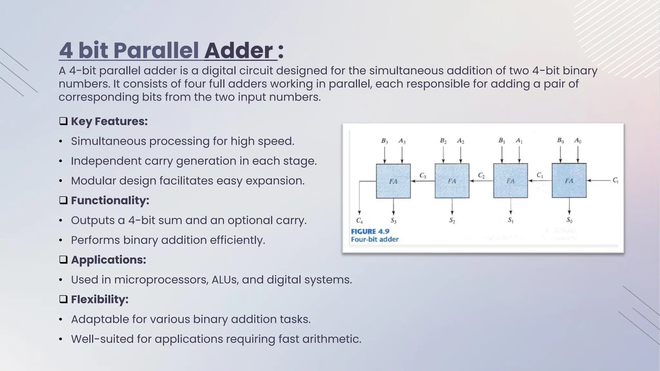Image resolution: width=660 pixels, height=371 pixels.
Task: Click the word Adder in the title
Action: click(238, 51)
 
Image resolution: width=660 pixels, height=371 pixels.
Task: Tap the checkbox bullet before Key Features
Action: click(63, 121)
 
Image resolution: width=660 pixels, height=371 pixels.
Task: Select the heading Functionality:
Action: click(110, 200)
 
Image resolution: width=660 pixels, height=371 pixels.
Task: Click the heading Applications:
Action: click(108, 260)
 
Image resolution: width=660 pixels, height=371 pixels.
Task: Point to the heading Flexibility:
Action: click(100, 299)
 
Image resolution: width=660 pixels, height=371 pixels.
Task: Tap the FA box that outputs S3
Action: click(393, 181)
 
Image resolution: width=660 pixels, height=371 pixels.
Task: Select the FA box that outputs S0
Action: click(569, 180)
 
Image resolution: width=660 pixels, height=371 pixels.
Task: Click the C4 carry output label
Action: click(359, 221)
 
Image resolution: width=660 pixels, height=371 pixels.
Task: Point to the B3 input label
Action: click(384, 141)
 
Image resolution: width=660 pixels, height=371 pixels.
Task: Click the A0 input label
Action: click(578, 141)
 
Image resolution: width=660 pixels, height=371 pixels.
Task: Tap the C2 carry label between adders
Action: click(481, 175)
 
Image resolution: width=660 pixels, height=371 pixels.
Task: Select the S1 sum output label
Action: click(510, 220)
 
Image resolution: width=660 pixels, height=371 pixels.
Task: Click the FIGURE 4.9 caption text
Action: click(370, 232)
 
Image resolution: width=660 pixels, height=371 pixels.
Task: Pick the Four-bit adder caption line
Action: click(374, 239)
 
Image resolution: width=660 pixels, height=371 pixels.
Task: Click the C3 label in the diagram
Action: click(422, 176)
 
